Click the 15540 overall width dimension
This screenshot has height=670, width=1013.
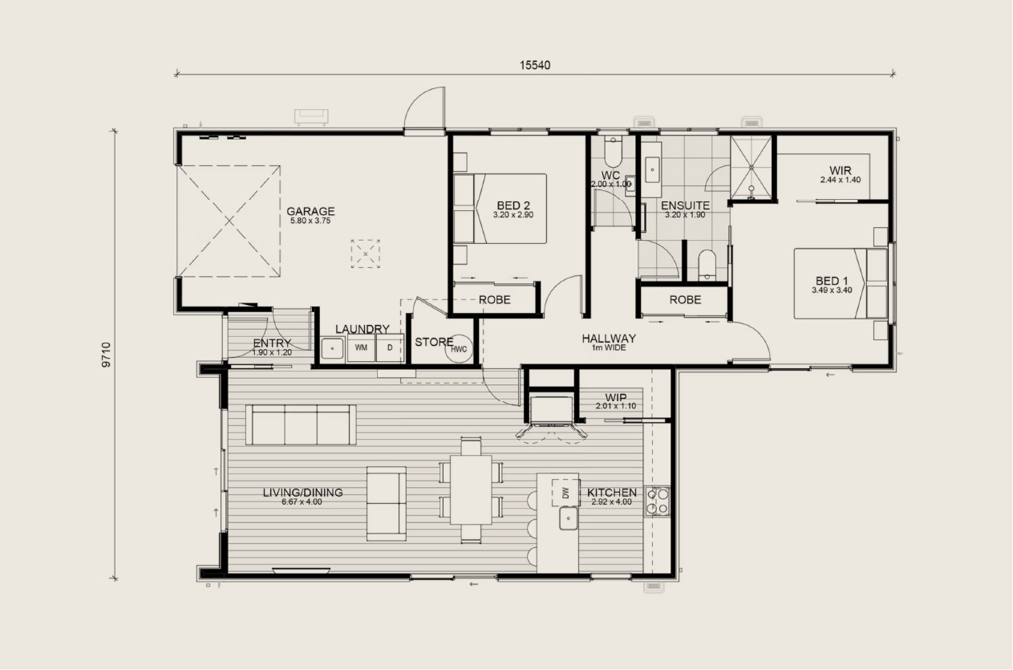coord(534,65)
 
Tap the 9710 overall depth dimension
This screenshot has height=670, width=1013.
coord(107,355)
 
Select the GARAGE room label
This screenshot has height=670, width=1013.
coord(310,211)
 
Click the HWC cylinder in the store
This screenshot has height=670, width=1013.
coord(459,348)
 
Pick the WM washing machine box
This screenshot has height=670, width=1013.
coord(361,347)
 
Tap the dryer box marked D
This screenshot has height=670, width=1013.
coord(389,347)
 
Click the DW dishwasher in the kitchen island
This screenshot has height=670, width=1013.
coord(565,493)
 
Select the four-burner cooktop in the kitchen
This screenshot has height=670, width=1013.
coord(658,501)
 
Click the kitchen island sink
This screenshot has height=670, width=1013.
coord(568,518)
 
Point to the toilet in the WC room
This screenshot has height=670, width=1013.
coord(614,152)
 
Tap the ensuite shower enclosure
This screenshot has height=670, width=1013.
coord(752,168)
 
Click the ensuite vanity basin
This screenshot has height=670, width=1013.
coord(652,169)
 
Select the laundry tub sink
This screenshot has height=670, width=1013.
coord(332,349)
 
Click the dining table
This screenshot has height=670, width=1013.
coord(471,489)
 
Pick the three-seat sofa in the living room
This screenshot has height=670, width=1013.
coord(301,424)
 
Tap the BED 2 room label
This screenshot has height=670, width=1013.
coord(513,205)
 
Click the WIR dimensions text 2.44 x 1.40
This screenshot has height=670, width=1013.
coord(841,180)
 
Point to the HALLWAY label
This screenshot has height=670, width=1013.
coord(609,339)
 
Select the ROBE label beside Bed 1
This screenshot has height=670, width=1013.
coord(685,299)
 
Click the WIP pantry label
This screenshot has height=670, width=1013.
coord(616,398)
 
